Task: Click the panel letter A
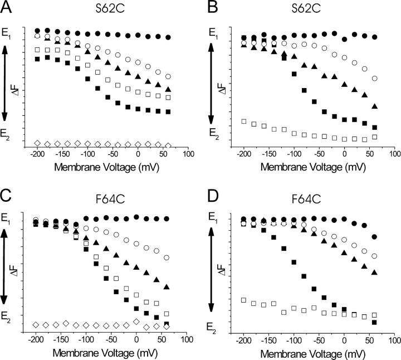point(7,8)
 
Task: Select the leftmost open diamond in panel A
point(37,143)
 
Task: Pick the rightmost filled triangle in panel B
point(375,106)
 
